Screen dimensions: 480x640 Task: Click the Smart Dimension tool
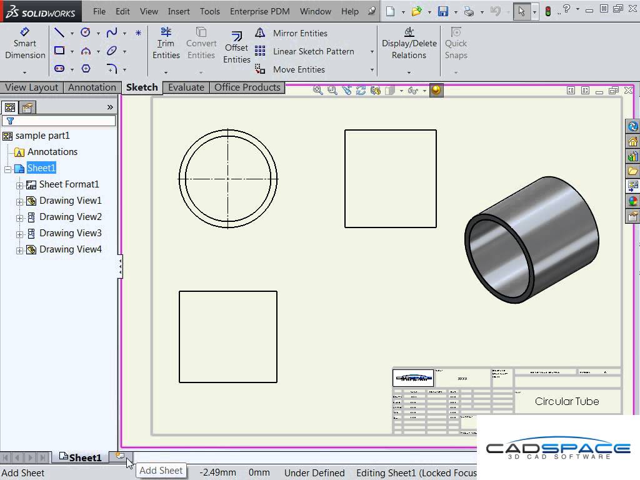pos(25,43)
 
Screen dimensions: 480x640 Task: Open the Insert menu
pos(179,11)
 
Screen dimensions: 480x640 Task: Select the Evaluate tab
pos(186,87)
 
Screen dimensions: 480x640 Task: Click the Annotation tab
pos(92,87)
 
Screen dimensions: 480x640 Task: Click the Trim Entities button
pos(166,43)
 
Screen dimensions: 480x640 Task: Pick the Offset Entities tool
pos(237,47)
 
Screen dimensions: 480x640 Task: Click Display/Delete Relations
pos(409,43)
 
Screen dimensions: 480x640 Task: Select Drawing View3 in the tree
pos(70,233)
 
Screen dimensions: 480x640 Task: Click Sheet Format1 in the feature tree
pos(69,184)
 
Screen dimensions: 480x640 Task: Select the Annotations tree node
pos(52,152)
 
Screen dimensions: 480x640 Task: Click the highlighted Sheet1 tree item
pos(41,168)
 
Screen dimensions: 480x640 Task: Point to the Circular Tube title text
pos(567,401)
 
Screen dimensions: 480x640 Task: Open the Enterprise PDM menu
pos(259,11)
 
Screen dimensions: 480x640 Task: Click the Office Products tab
pos(247,87)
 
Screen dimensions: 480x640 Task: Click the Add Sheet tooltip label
pos(161,471)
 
